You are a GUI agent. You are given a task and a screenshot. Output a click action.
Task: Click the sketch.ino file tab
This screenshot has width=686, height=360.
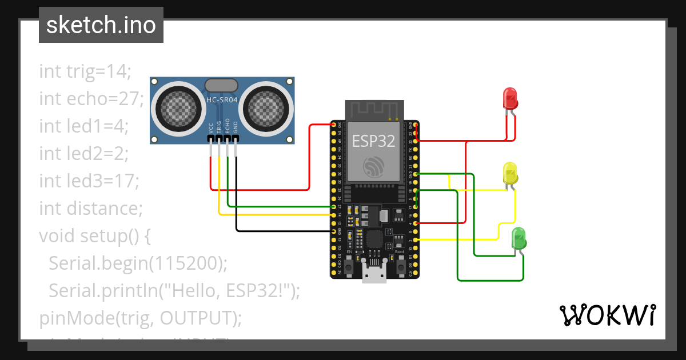(101, 25)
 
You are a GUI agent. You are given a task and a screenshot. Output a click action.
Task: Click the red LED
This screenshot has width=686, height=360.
(509, 98)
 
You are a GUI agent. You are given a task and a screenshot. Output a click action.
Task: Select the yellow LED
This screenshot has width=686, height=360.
(509, 173)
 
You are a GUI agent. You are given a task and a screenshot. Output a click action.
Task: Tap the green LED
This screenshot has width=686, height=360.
(518, 238)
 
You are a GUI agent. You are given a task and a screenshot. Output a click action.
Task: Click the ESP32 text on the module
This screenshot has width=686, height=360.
(373, 141)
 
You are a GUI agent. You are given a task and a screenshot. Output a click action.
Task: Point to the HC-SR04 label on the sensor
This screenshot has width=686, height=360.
(222, 100)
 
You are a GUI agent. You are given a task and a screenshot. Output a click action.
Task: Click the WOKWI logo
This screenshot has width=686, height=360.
(607, 315)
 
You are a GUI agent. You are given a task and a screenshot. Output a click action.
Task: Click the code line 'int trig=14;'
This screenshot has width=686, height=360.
(85, 71)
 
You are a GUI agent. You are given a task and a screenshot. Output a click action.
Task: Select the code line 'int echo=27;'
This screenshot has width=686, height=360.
(91, 99)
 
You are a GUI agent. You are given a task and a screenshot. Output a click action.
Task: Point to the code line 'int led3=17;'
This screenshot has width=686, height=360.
(89, 181)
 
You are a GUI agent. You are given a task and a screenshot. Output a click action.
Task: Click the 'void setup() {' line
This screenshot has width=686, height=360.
(94, 235)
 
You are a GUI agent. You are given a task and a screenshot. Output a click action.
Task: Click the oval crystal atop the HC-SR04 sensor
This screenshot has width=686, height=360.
(221, 86)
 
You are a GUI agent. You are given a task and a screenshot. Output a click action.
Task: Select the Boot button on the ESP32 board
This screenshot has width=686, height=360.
(400, 262)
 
